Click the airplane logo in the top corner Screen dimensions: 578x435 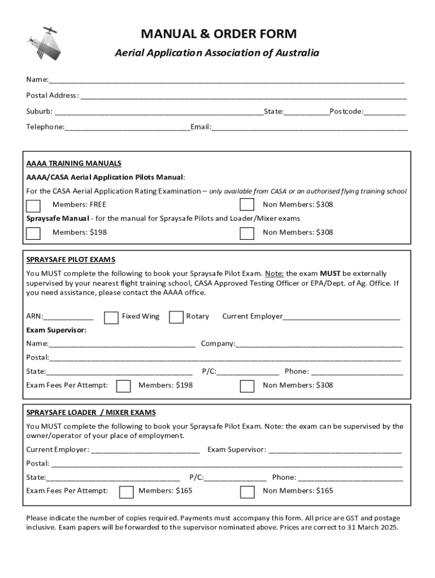pyautogui.click(x=44, y=42)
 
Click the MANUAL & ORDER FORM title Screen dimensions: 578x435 pyautogui.click(x=218, y=34)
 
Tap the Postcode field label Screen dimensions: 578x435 pyautogui.click(x=346, y=111)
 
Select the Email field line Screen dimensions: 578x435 pyautogui.click(x=310, y=128)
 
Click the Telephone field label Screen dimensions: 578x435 pyautogui.click(x=45, y=126)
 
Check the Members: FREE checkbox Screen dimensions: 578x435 pyautogui.click(x=33, y=205)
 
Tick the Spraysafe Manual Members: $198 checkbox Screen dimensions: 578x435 pyautogui.click(x=33, y=233)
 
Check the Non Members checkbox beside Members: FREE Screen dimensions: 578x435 pyautogui.click(x=247, y=205)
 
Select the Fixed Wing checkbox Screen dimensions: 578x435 pyautogui.click(x=111, y=317)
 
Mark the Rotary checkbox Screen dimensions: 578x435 pyautogui.click(x=176, y=317)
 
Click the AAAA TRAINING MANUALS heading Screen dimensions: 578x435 pyautogui.click(x=73, y=163)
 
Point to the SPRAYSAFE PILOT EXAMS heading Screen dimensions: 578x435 pyautogui.click(x=71, y=260)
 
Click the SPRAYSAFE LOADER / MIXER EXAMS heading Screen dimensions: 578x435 pyautogui.click(x=91, y=413)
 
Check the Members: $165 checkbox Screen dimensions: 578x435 pyautogui.click(x=127, y=492)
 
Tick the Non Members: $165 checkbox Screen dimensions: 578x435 pyautogui.click(x=247, y=492)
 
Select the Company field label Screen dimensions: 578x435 pyautogui.click(x=218, y=343)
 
